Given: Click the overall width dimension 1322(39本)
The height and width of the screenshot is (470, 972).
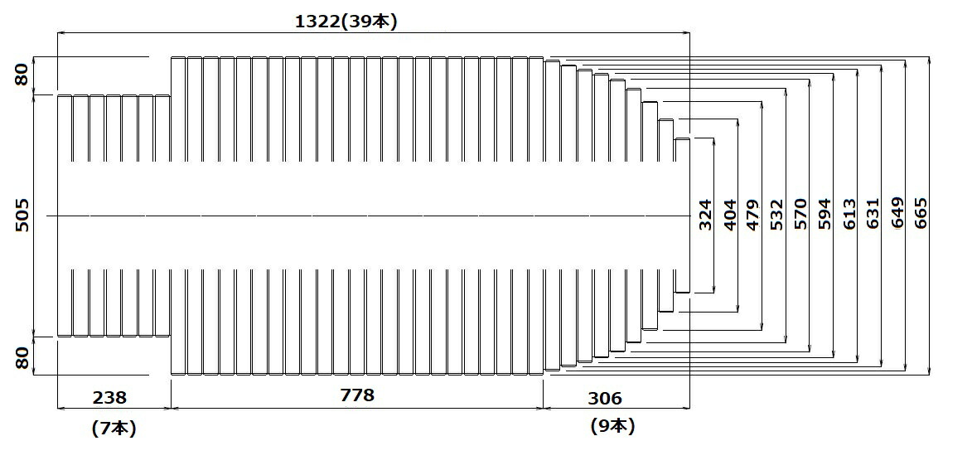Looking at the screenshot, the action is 346,21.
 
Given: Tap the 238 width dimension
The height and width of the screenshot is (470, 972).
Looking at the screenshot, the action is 109,397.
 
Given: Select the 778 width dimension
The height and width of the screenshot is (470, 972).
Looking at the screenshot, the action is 358,395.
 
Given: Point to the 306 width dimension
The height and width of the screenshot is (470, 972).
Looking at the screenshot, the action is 604,398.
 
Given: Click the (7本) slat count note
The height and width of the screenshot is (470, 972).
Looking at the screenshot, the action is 114,429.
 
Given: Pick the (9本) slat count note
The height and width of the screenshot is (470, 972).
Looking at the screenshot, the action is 612,426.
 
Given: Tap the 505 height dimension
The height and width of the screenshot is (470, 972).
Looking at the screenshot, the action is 22,215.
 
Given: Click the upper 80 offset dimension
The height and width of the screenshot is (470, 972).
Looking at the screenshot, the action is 22,75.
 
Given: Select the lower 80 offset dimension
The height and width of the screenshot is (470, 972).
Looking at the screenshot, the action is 22,358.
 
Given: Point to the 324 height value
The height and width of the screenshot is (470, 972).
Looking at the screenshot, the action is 705,215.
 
